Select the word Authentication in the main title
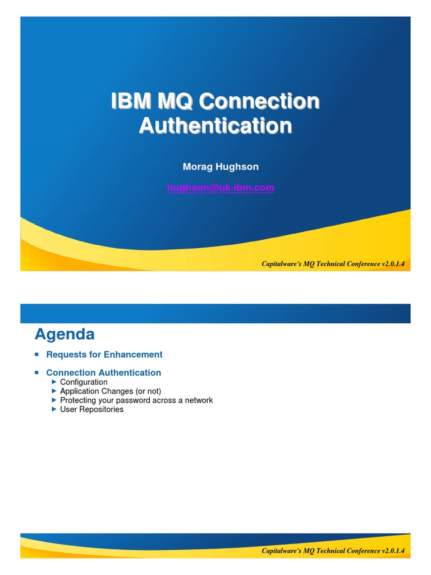[x=215, y=125]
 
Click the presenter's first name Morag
[x=196, y=167]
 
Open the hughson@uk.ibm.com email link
[x=221, y=188]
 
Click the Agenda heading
[x=65, y=335]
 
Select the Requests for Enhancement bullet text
[x=104, y=354]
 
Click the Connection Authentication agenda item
[x=103, y=372]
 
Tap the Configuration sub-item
[x=84, y=382]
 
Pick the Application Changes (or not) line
[x=111, y=391]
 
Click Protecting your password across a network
[x=136, y=400]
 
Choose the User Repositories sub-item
[x=91, y=409]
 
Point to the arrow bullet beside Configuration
[x=54, y=382]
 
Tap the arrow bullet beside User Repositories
[x=54, y=409]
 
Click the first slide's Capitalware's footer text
[x=333, y=263]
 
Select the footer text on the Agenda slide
[x=333, y=550]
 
